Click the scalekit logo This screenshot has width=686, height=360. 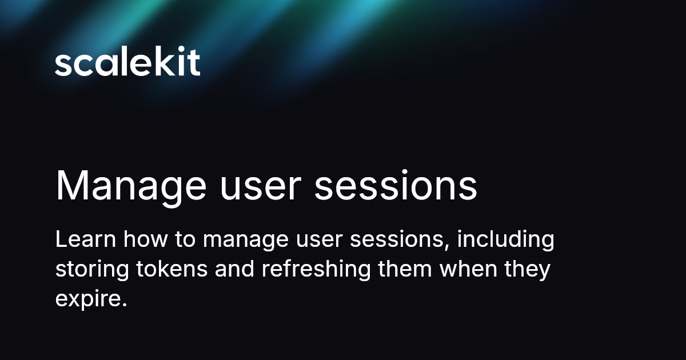click(127, 63)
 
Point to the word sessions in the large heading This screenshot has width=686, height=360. click(396, 186)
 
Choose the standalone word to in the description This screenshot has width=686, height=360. click(185, 239)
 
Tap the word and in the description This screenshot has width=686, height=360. click(235, 269)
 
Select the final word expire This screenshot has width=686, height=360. click(90, 299)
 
